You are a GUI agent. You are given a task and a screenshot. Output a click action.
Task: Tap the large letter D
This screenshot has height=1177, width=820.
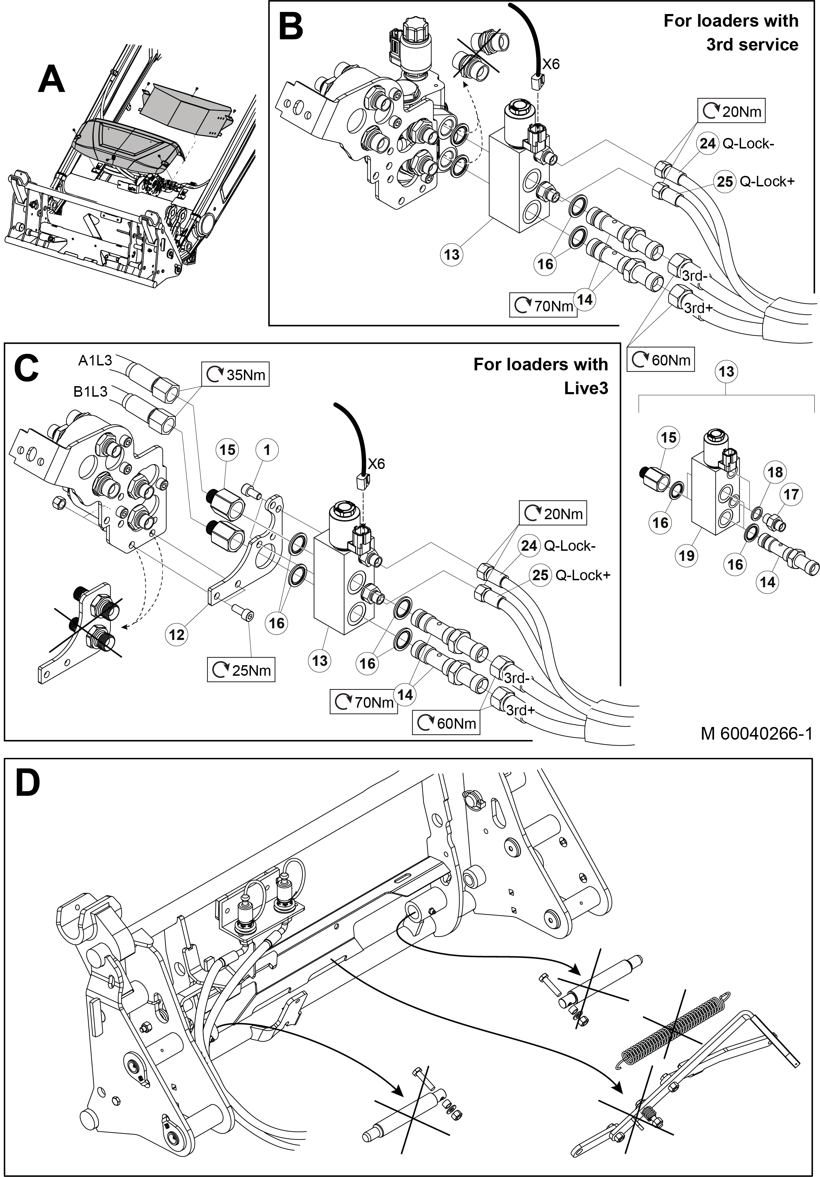pos(28,783)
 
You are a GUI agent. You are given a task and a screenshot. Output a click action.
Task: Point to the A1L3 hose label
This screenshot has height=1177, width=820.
pos(95,361)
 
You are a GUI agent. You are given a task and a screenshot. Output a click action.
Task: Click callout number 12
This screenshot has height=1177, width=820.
pos(176,635)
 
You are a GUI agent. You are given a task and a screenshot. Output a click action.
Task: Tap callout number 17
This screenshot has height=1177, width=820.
pos(791,494)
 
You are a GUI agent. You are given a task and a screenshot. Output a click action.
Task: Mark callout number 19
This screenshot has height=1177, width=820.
pos(686,556)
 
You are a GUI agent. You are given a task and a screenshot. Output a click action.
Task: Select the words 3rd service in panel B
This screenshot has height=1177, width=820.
pos(752,45)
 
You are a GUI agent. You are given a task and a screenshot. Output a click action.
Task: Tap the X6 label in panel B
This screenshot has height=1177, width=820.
pos(551,64)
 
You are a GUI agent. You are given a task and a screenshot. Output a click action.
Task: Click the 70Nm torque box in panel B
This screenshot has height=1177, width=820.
pos(543,306)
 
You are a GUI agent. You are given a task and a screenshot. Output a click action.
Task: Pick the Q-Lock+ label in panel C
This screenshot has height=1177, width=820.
pos(583,575)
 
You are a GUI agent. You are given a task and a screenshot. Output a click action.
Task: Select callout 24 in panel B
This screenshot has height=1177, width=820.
pos(707,144)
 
